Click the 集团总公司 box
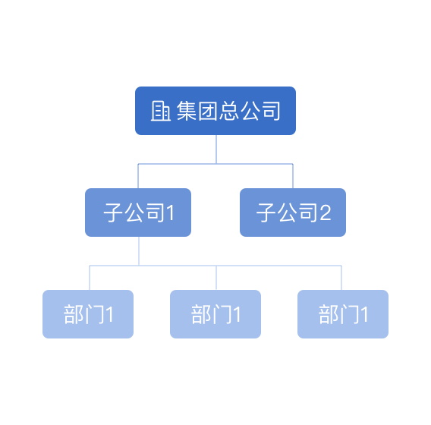[215, 111]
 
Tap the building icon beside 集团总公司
[161, 111]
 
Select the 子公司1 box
[138, 212]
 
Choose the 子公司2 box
[293, 212]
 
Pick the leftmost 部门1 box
[88, 314]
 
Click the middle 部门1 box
[215, 314]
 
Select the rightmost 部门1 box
[343, 314]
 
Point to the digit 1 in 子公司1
[170, 212]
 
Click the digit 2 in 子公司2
[326, 212]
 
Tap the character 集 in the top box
[187, 111]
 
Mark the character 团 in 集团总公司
[208, 111]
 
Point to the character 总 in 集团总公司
[229, 111]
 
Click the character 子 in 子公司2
[266, 212]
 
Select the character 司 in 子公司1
[156, 212]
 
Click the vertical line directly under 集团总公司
[216, 150]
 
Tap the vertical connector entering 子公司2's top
[293, 176]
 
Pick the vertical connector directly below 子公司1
[139, 251]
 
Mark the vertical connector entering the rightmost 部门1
[341, 278]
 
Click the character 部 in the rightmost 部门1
[329, 314]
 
